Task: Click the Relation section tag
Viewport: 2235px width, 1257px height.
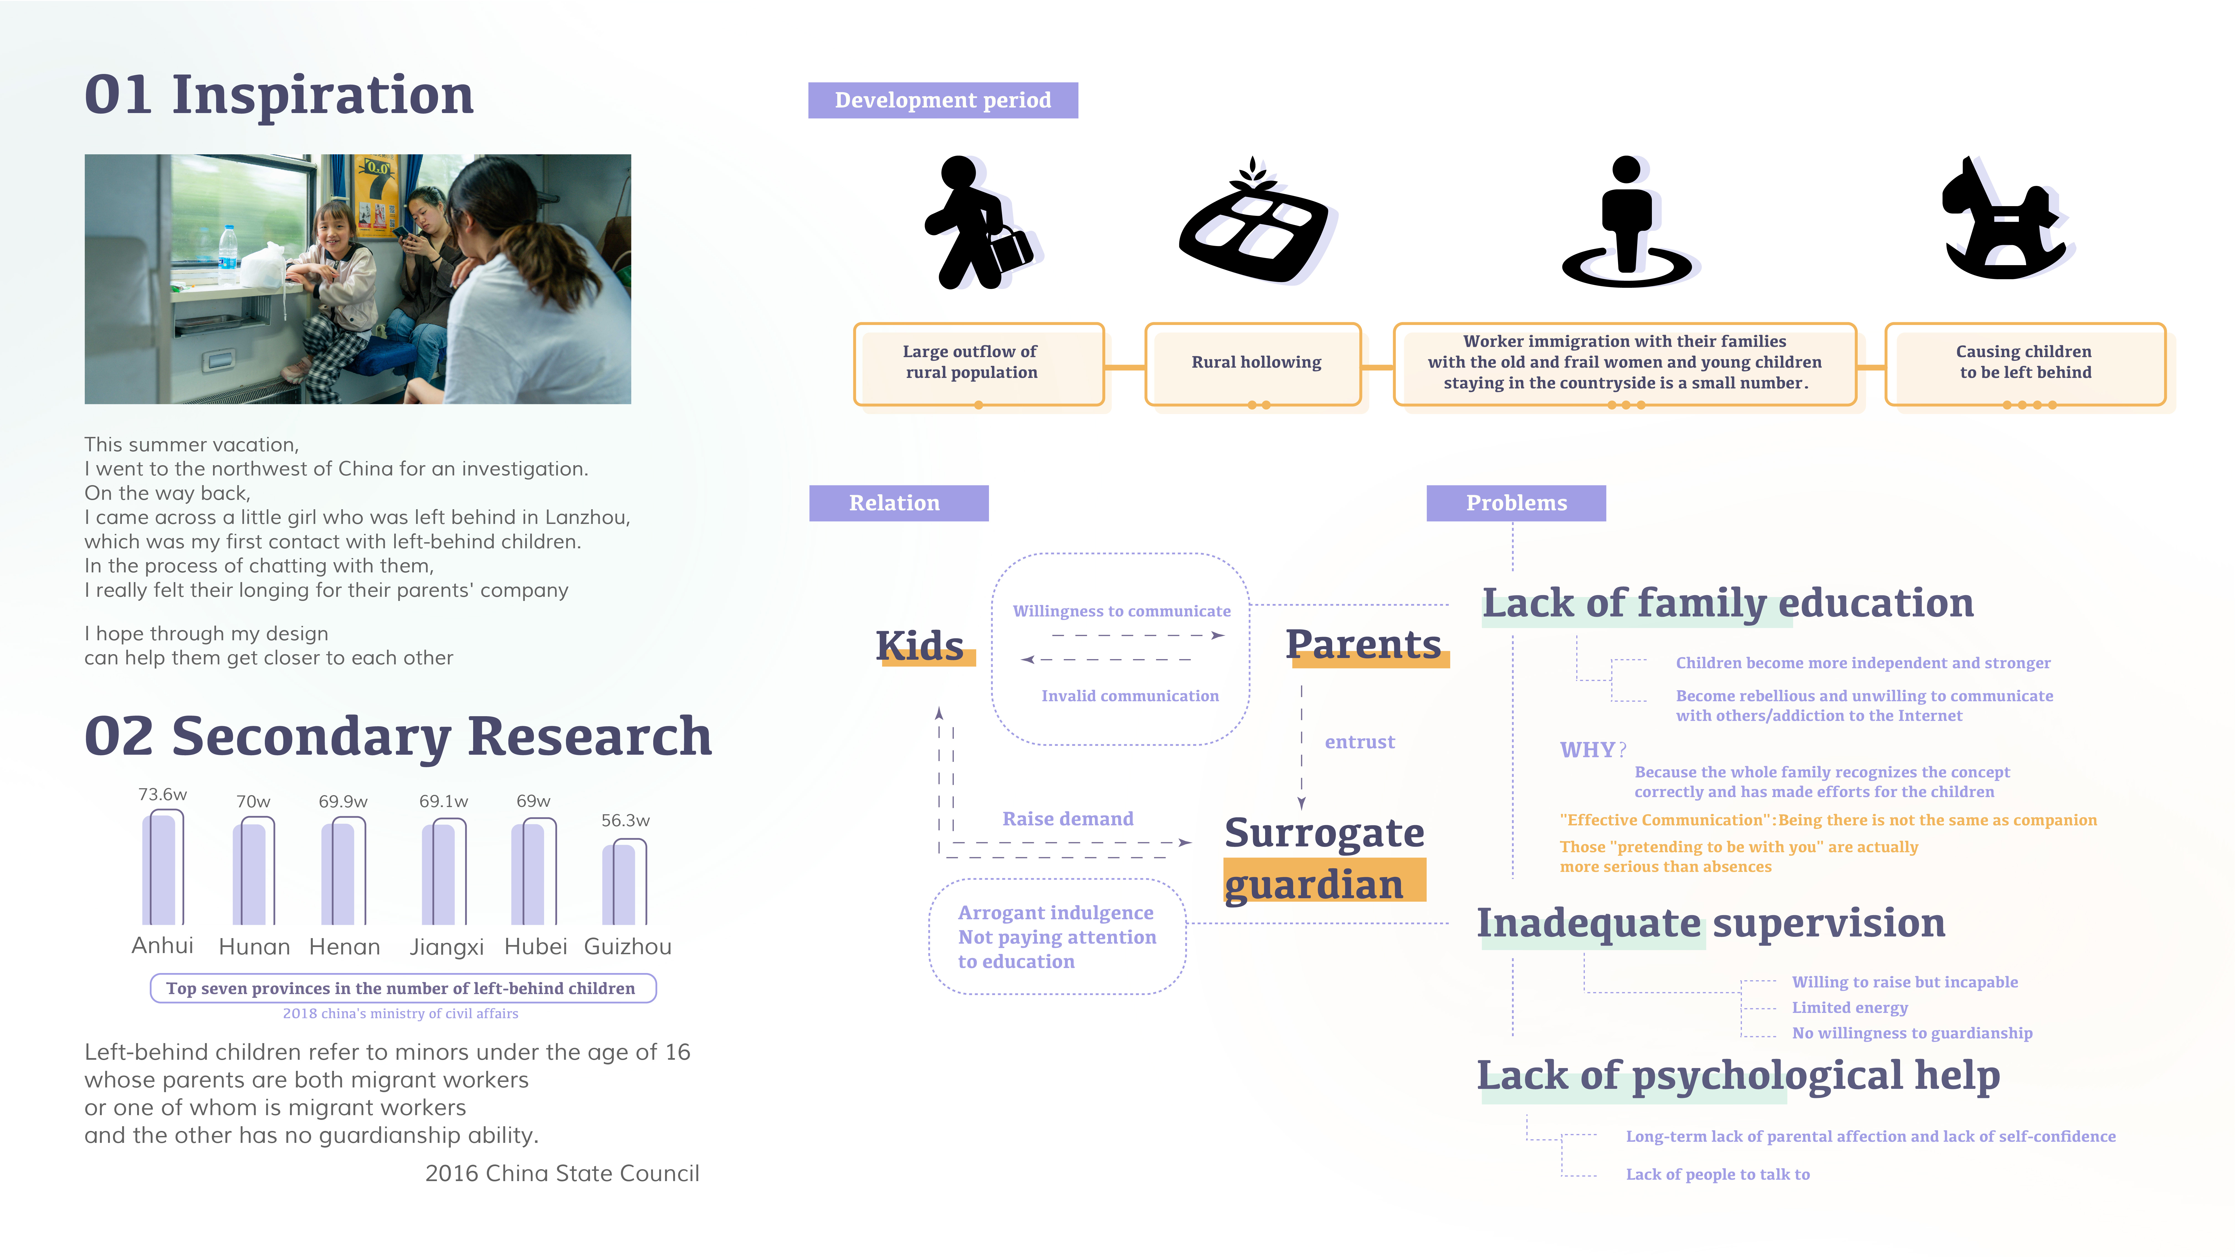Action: [x=898, y=503]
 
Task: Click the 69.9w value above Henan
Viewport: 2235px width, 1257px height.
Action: [x=343, y=802]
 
